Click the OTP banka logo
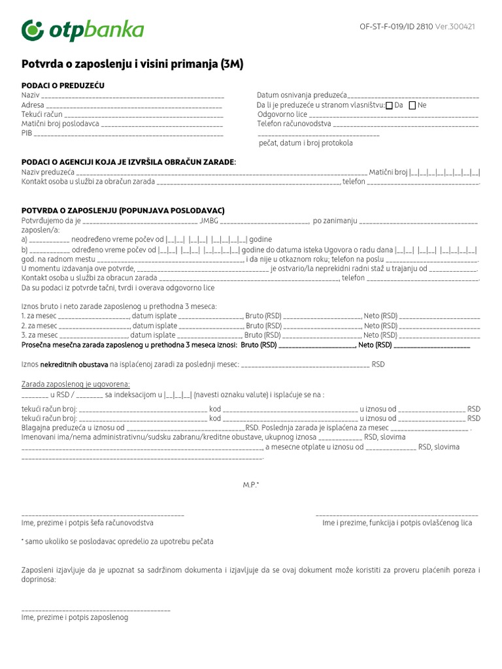[82, 30]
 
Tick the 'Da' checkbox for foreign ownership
[390, 105]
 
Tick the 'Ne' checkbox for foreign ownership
[412, 105]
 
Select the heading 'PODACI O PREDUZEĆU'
[63, 86]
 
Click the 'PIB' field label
[27, 133]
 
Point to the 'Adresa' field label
[33, 105]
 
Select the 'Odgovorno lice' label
[282, 114]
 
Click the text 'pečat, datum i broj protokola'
[305, 142]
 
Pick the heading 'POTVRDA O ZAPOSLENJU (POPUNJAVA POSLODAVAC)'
[123, 210]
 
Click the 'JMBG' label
[209, 221]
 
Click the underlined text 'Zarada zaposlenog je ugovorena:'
[75, 383]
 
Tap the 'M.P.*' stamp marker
[251, 485]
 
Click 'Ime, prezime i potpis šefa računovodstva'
[87, 523]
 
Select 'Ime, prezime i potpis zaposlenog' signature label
[75, 617]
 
